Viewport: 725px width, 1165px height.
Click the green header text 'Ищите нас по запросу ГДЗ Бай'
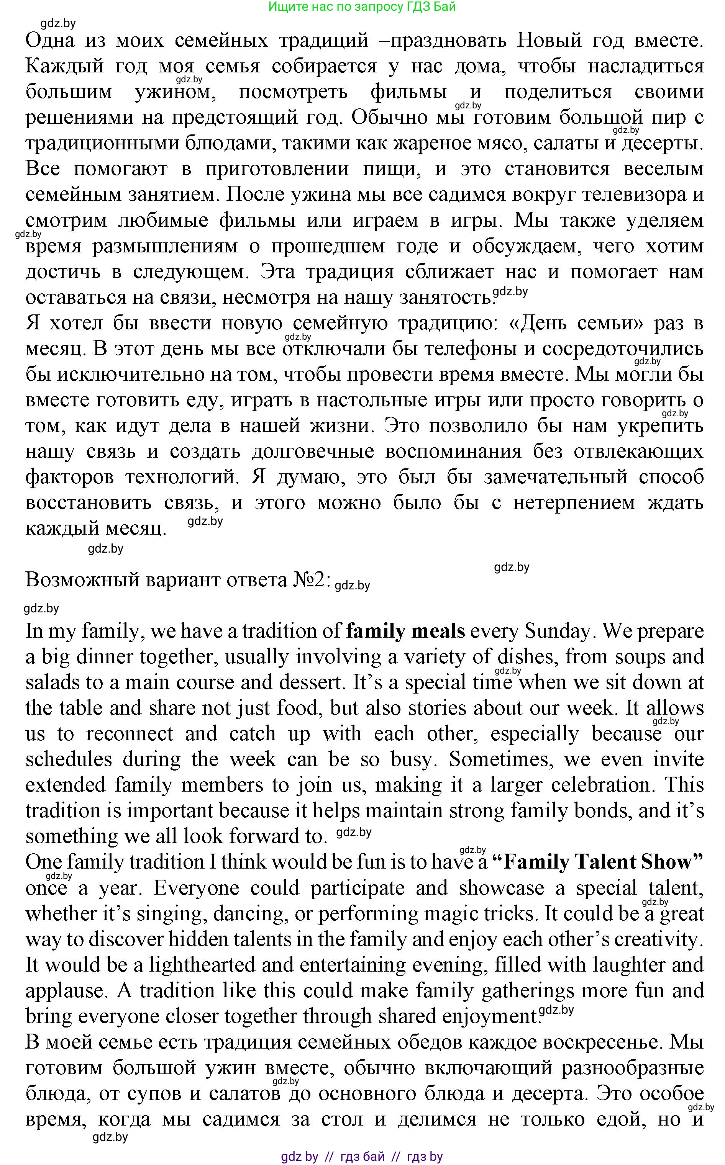click(362, 7)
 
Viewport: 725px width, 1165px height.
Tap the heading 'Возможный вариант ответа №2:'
click(178, 580)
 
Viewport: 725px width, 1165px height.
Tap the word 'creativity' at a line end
click(655, 939)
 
